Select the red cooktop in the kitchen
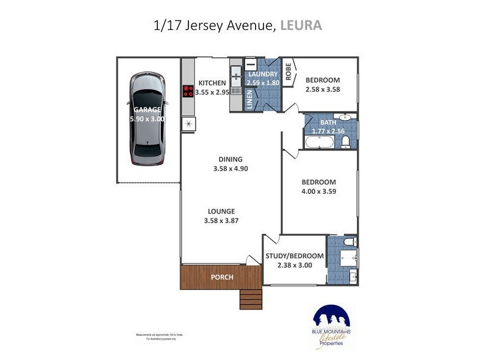point(189,91)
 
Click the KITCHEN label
point(212,83)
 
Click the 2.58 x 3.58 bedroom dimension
point(323,90)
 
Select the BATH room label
point(328,122)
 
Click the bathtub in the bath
point(320,142)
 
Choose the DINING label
point(230,159)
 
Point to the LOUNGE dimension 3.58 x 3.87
point(221,221)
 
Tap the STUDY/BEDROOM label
point(295,256)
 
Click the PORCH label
point(221,277)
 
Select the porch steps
point(251,298)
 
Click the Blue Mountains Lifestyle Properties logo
point(332,326)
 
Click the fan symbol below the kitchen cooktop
point(189,124)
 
